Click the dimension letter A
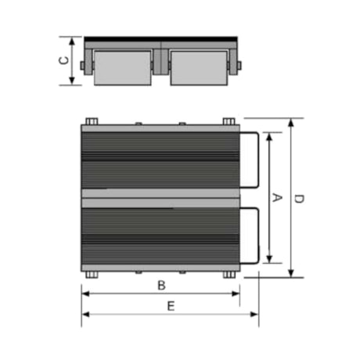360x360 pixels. pyautogui.click(x=276, y=197)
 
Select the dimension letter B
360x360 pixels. pyautogui.click(x=160, y=285)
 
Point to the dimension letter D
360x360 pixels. pyautogui.click(x=299, y=198)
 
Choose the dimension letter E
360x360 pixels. pyautogui.click(x=170, y=305)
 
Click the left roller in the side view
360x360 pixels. pyautogui.click(x=122, y=67)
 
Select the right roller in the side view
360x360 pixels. pyautogui.click(x=199, y=67)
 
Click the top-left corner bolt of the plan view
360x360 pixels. pyautogui.click(x=90, y=121)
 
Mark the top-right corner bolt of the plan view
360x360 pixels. pyautogui.click(x=229, y=121)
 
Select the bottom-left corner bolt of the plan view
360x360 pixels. pyautogui.click(x=90, y=274)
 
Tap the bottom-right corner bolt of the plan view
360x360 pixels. pyautogui.click(x=229, y=274)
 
